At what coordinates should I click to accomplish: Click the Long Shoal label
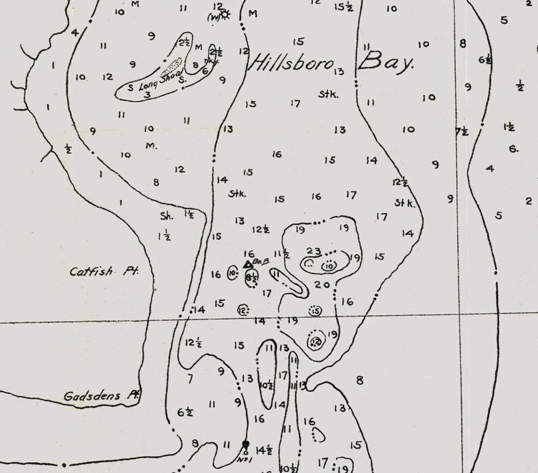tap(156, 81)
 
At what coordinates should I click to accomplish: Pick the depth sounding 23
tap(314, 251)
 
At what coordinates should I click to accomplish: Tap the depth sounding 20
tap(323, 285)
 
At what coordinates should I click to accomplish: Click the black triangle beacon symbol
tap(247, 264)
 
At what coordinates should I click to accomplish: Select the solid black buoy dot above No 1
tap(245, 445)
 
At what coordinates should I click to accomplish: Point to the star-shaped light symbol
tap(225, 14)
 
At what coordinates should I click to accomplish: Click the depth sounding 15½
tap(344, 7)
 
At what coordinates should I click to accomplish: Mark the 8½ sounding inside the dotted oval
tap(251, 277)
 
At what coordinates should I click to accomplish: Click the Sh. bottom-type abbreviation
tap(166, 217)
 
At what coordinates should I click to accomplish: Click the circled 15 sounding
tap(315, 310)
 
